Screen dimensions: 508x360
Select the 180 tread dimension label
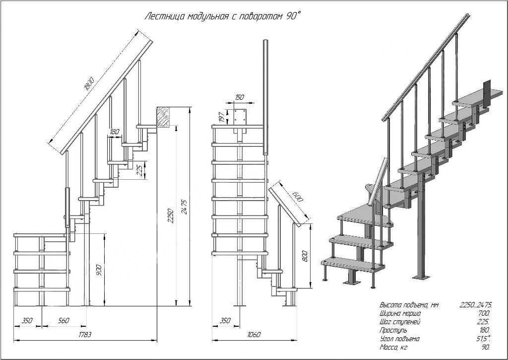point(115,132)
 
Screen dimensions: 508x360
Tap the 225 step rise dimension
point(140,170)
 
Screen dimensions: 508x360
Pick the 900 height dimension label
point(99,271)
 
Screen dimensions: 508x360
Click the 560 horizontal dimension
point(63,320)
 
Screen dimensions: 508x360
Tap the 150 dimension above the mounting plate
point(240,97)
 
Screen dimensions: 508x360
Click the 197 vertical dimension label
point(222,117)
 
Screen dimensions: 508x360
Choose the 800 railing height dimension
point(304,256)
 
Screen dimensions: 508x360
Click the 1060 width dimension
point(254,334)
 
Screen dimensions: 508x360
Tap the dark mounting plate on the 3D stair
point(487,93)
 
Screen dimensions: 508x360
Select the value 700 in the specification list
point(484,314)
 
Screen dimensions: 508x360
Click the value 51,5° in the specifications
point(484,339)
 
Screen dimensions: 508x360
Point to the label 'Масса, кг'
point(393,348)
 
